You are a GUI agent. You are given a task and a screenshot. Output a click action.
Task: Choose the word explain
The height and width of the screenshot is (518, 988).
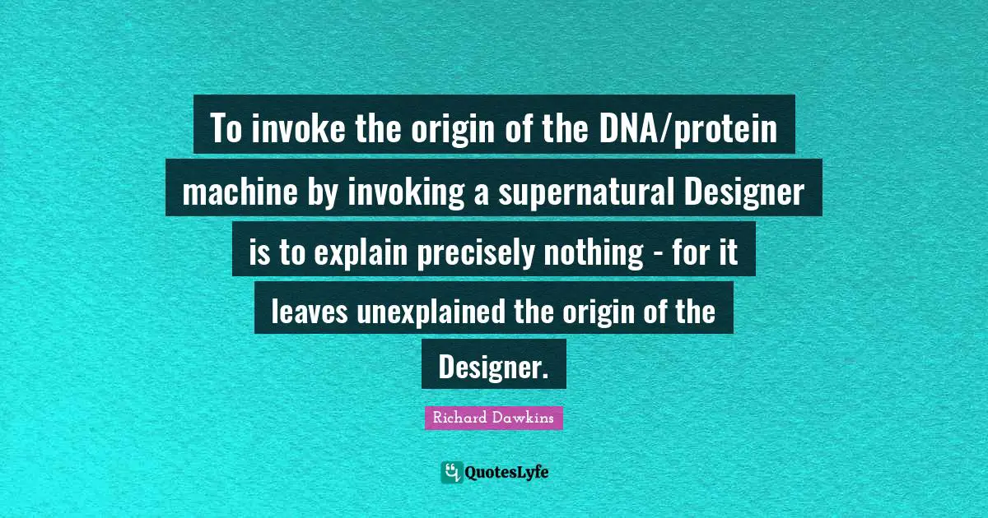[357, 252]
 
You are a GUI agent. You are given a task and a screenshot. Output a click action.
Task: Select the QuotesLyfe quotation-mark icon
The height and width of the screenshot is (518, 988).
[451, 472]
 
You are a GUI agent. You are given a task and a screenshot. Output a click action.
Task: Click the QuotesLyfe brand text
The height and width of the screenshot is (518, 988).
[507, 473]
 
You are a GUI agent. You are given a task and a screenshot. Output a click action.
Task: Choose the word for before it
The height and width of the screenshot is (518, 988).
[692, 252]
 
